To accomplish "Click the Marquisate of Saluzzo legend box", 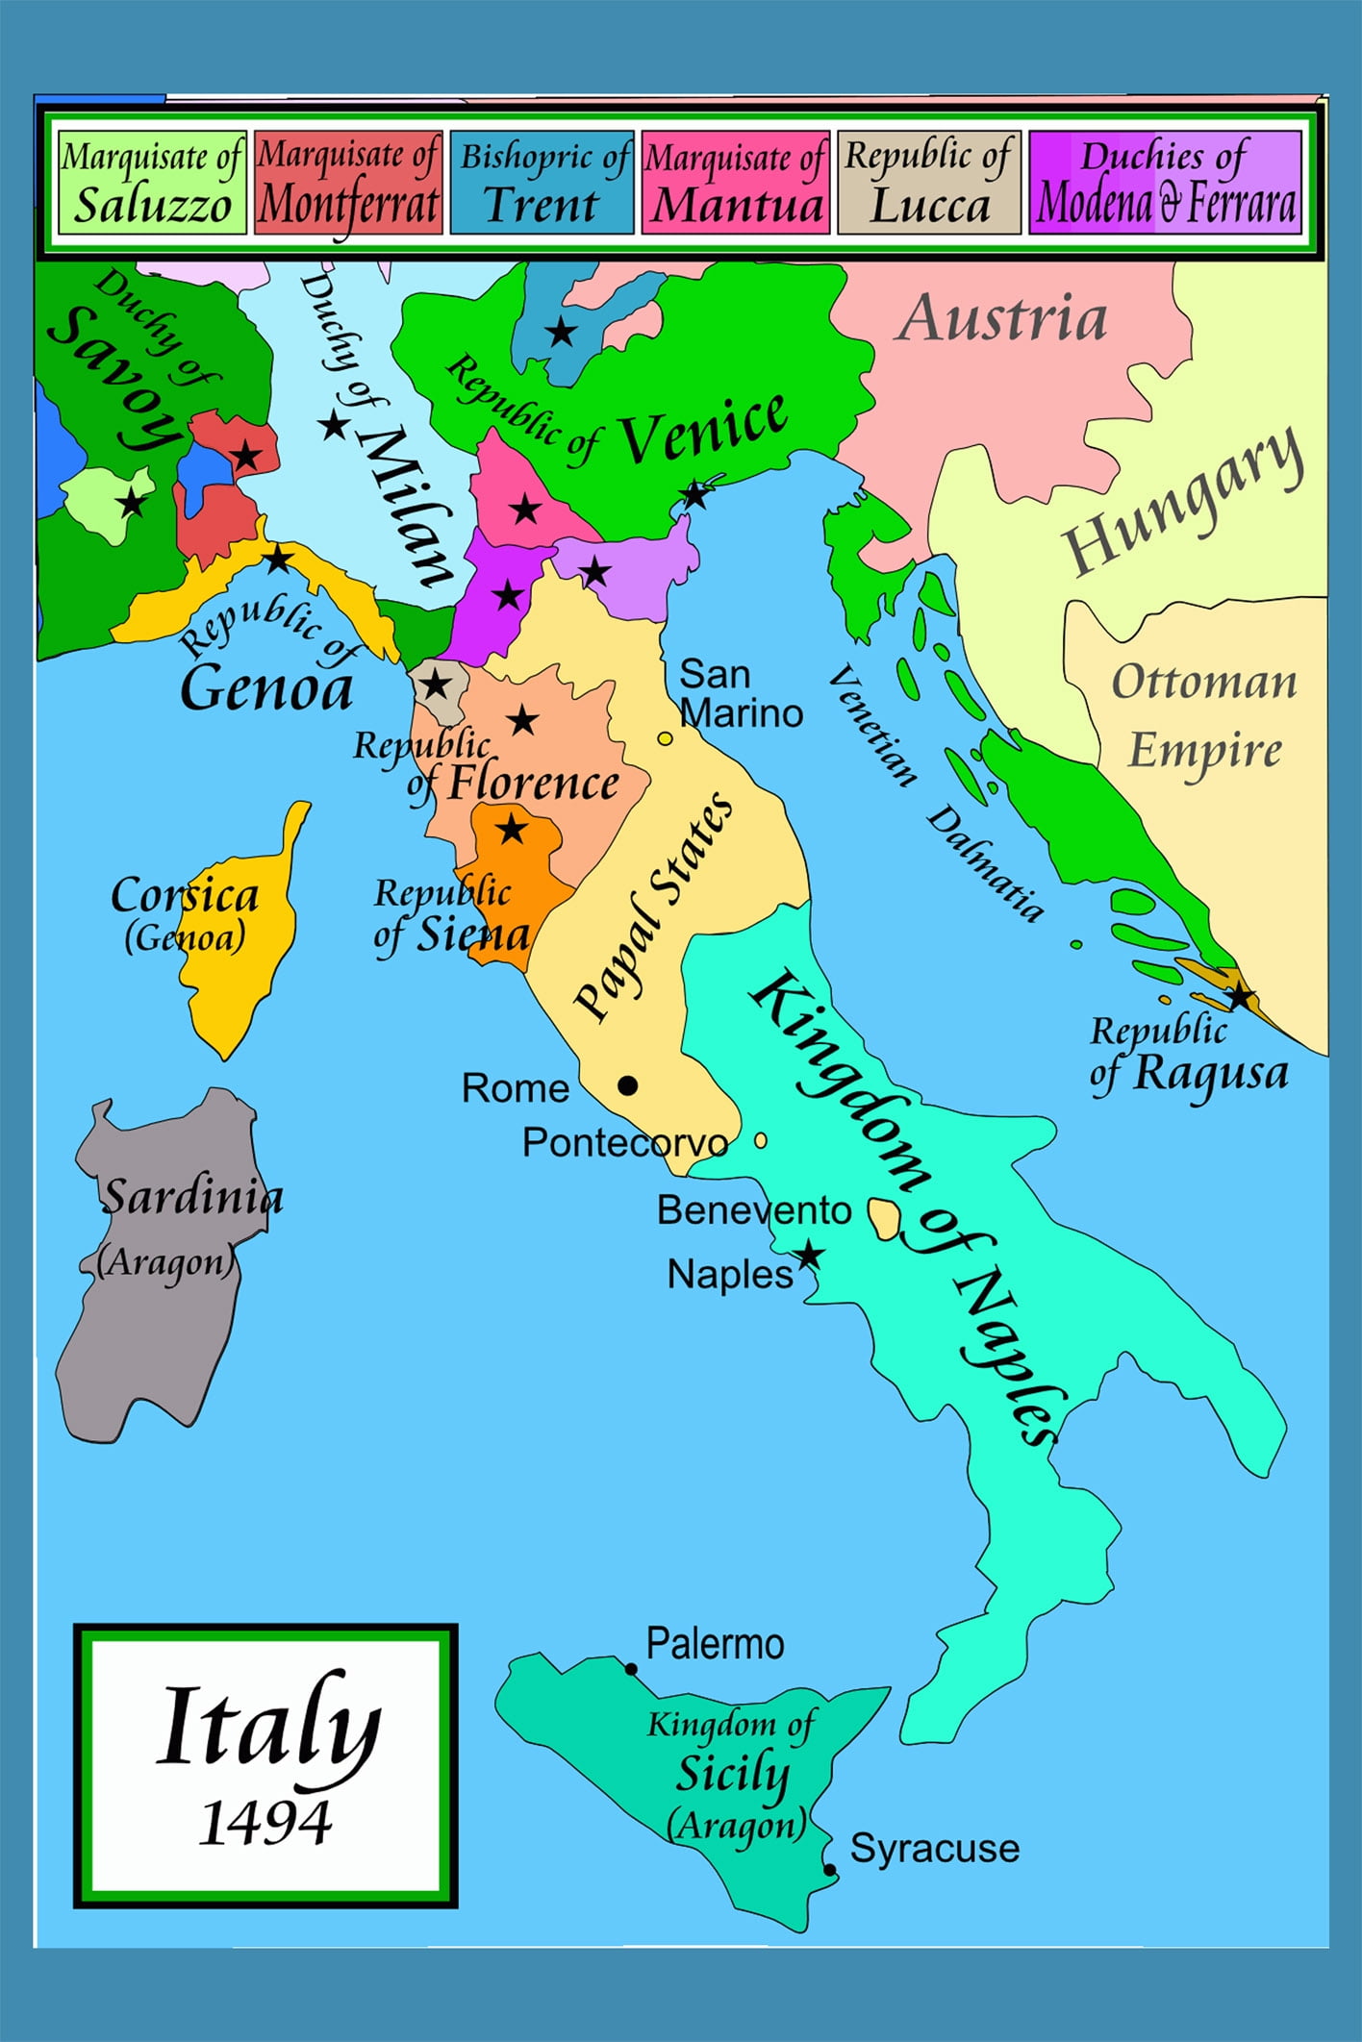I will click(x=151, y=183).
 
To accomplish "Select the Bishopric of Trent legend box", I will click(x=542, y=183).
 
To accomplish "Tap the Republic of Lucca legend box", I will click(x=928, y=183).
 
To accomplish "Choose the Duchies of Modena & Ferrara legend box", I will click(x=1165, y=183).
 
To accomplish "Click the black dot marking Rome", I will click(x=627, y=1085).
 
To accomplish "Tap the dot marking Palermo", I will click(x=631, y=1669).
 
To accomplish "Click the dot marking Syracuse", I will click(x=829, y=1870).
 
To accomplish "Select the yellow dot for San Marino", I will click(x=665, y=738).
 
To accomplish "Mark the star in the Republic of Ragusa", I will click(x=1240, y=997).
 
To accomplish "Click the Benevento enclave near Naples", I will click(x=883, y=1218).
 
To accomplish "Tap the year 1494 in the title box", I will click(x=265, y=1823).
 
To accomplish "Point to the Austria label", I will click(x=1002, y=318).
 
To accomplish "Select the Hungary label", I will click(x=1183, y=501).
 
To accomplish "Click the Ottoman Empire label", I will click(x=1204, y=716).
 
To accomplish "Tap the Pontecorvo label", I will click(x=625, y=1143).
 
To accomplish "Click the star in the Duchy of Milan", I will click(x=333, y=425).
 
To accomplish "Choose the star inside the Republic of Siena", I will click(x=512, y=829).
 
